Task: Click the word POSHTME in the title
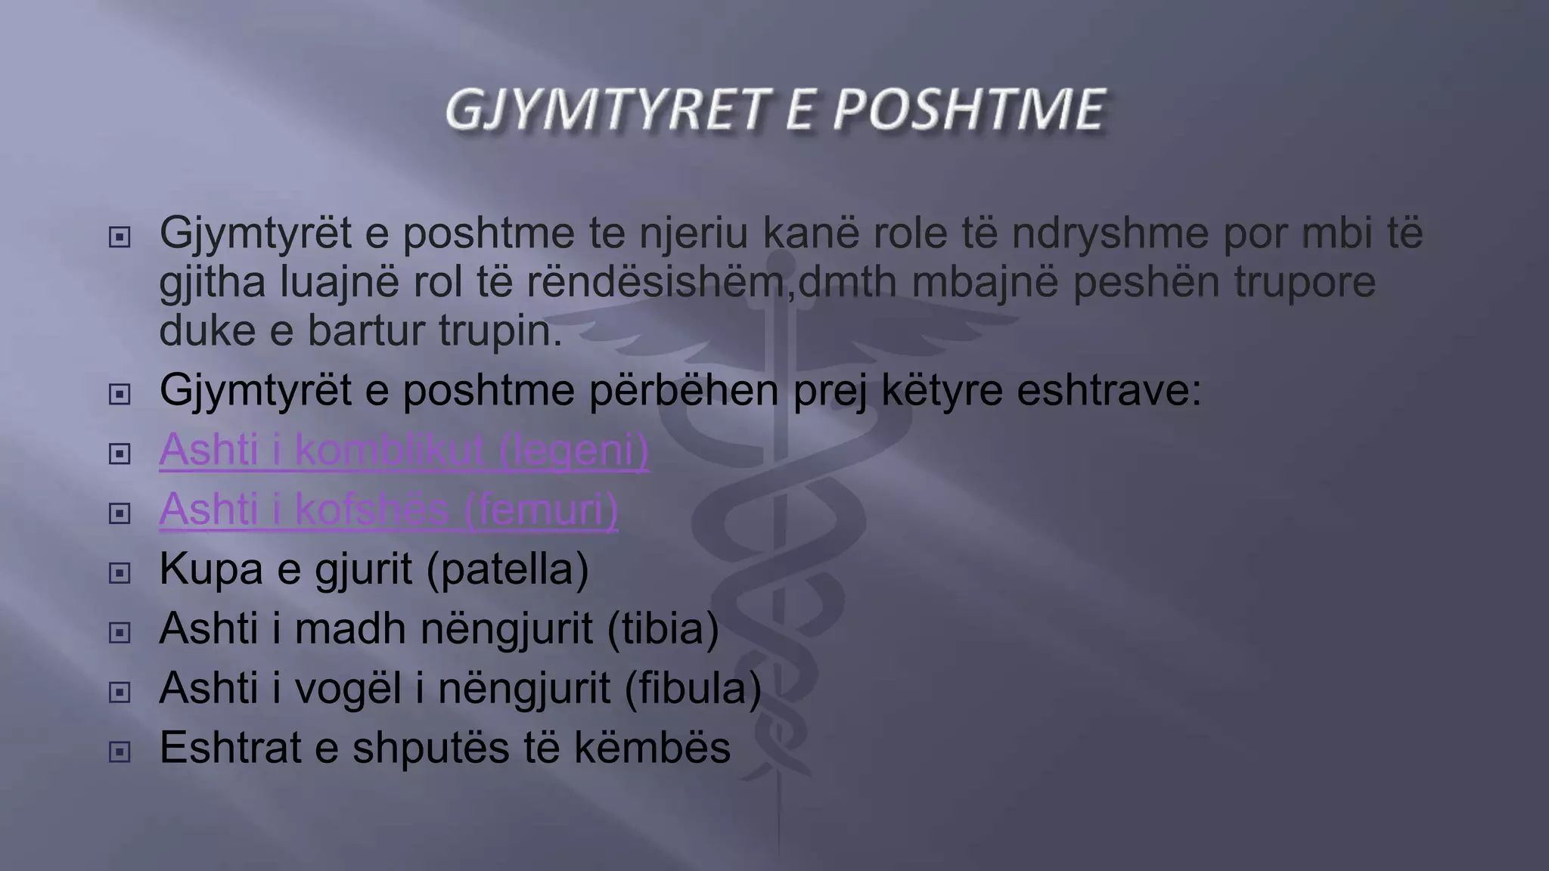coord(969,110)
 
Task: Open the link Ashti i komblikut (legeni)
coord(404,450)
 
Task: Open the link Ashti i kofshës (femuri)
coord(388,510)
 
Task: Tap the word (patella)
coord(508,569)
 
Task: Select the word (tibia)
coord(663,629)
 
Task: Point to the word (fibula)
coord(693,689)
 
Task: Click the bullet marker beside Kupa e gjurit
coord(120,573)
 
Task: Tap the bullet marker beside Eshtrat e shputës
coord(120,752)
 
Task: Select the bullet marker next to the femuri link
coord(120,514)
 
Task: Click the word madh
coord(350,629)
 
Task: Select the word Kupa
coord(211,569)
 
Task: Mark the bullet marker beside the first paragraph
coord(120,238)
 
